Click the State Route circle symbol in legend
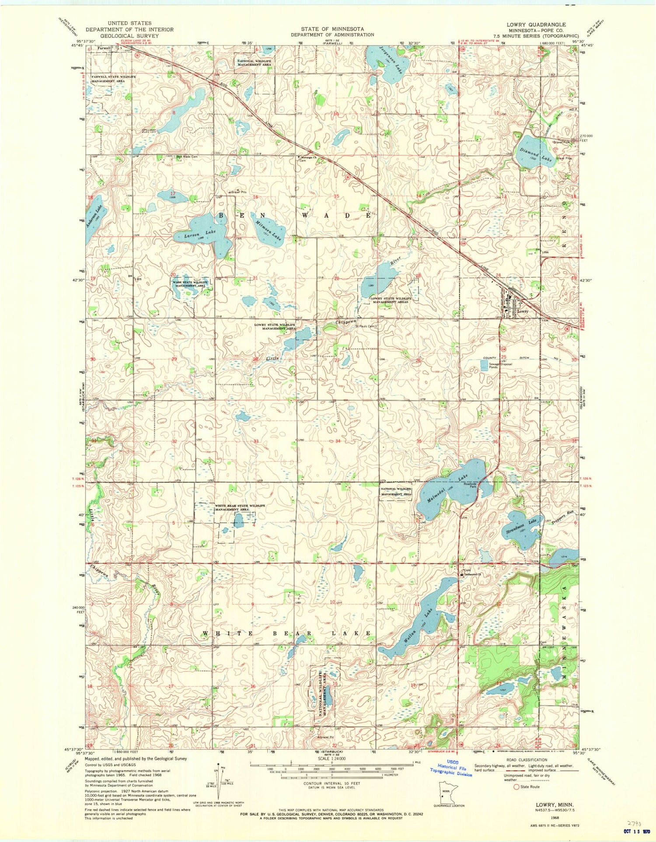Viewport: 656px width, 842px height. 516,786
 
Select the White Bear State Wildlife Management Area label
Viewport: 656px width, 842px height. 240,508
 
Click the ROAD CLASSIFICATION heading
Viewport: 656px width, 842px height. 527,760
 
